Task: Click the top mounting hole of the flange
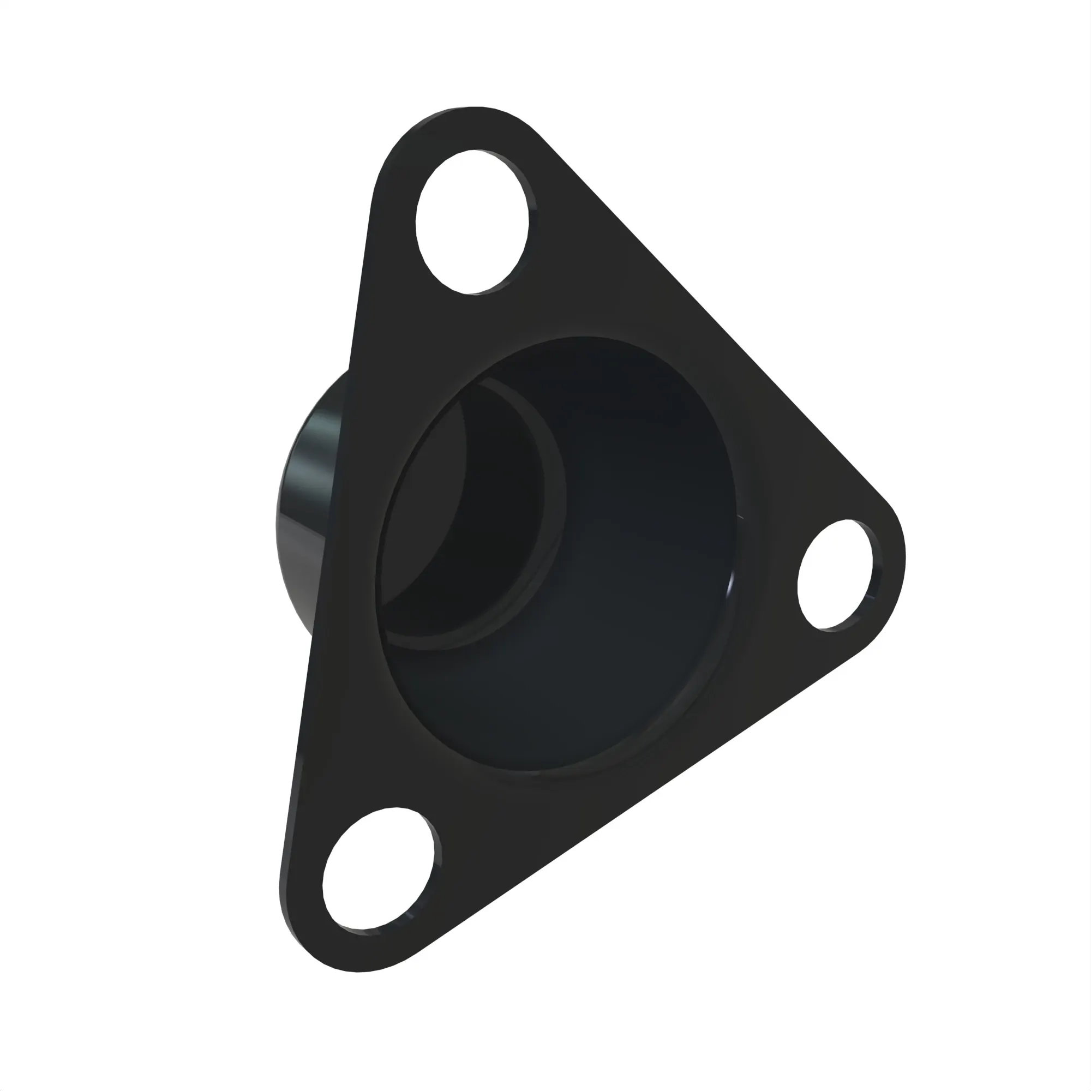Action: [471, 222]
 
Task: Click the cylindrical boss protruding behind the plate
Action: [308, 497]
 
